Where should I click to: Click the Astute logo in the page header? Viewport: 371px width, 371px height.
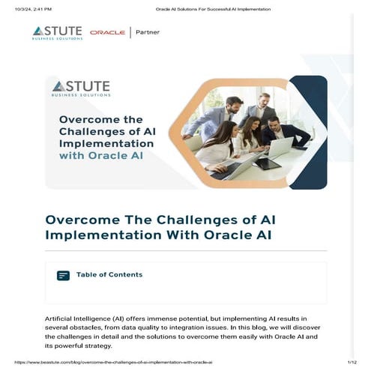pos(57,32)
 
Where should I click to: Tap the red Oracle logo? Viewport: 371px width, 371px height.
pos(107,33)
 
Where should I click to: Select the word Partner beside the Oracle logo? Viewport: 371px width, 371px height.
pos(148,32)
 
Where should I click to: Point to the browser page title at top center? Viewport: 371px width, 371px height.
pos(213,8)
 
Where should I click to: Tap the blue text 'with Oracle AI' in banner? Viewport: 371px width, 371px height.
pos(101,157)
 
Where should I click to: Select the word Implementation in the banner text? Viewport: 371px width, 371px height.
pos(100,142)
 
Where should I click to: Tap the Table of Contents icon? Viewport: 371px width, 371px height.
pos(63,276)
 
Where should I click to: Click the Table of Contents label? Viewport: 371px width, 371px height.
pos(109,275)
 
